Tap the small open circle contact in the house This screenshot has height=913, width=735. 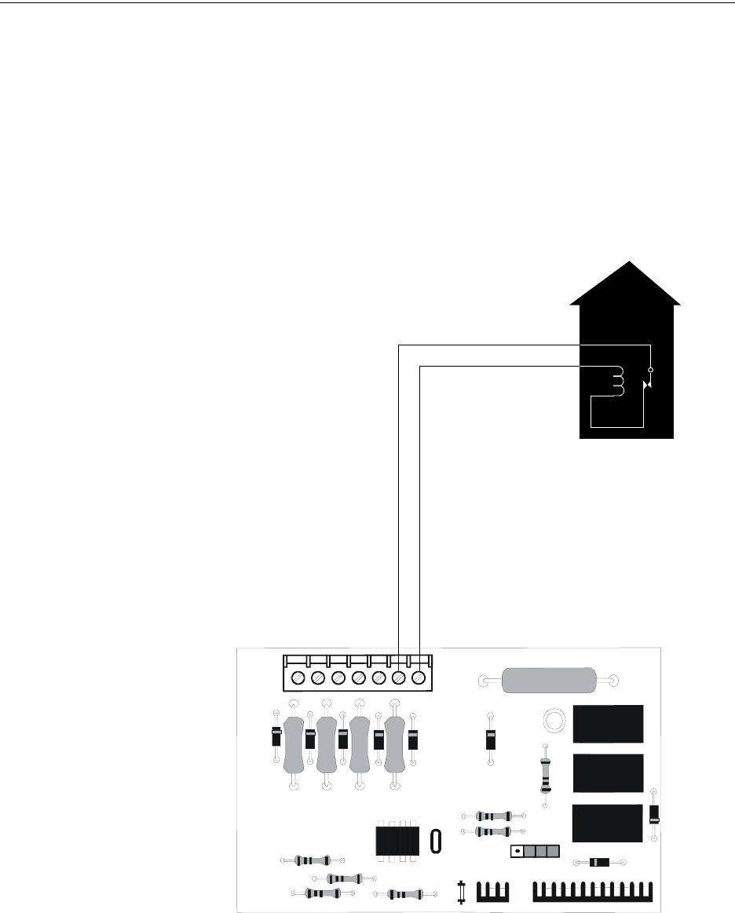649,368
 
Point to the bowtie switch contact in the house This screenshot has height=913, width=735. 646,385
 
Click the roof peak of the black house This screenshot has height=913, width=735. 627,264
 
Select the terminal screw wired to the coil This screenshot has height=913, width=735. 419,677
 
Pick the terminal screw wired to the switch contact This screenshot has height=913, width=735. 399,677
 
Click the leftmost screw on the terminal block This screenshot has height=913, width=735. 298,677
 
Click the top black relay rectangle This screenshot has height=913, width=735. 609,724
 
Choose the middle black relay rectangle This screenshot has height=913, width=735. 609,773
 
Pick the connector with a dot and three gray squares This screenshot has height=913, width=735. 536,851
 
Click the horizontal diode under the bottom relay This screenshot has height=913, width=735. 599,862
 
